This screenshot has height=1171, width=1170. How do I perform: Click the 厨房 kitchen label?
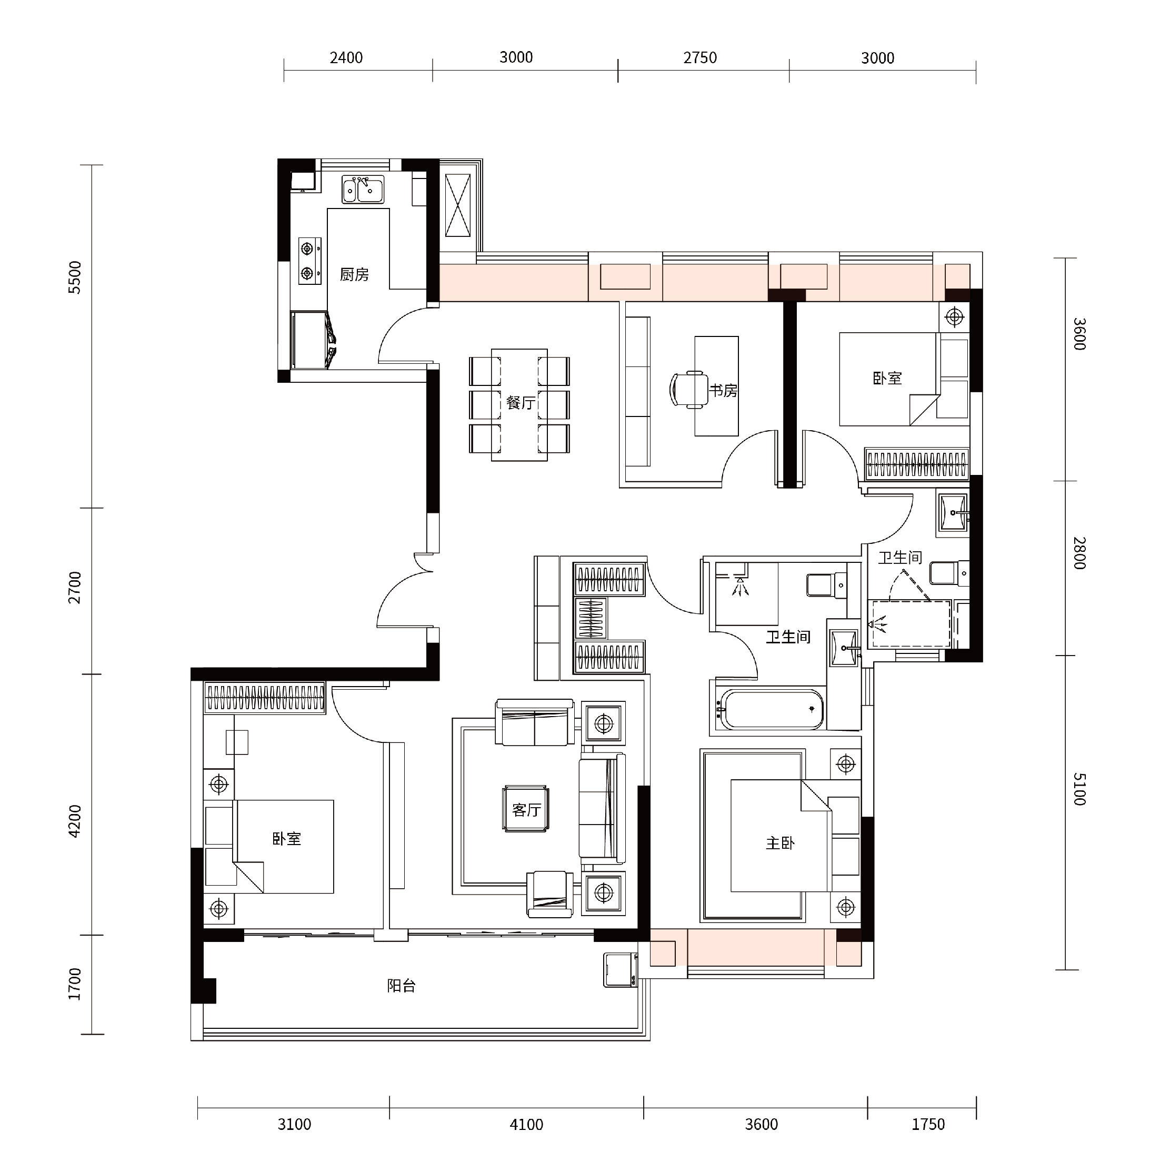[354, 274]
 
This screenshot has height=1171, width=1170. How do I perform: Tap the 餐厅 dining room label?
[521, 402]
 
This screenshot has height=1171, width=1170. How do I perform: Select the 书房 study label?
[724, 391]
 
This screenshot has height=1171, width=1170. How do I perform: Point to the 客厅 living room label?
[526, 810]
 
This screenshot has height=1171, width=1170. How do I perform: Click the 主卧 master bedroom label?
[781, 843]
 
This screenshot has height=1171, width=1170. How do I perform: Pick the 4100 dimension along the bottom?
[526, 1125]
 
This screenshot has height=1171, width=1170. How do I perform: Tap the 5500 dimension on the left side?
[75, 277]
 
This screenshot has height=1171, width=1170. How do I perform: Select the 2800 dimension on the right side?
[1079, 553]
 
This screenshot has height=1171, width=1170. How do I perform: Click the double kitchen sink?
[362, 190]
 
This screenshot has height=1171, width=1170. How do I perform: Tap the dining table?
[519, 404]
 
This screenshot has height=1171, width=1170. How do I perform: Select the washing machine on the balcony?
[621, 970]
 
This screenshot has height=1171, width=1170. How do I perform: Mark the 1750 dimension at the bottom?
[928, 1125]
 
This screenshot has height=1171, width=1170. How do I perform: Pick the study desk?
[716, 386]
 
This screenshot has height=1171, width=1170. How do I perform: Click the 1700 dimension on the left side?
[75, 984]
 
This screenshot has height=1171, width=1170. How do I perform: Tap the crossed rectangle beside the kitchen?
[458, 205]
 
